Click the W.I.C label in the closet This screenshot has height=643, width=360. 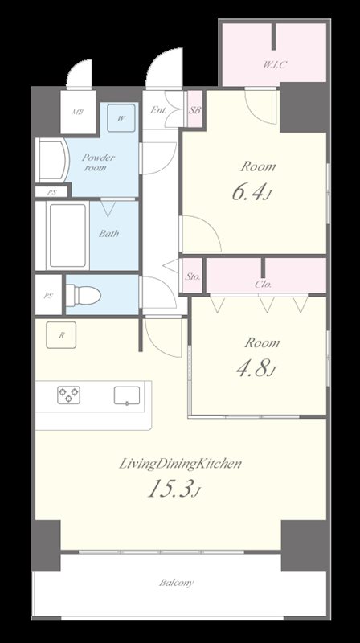pyautogui.click(x=275, y=64)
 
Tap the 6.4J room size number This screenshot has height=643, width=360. pyautogui.click(x=252, y=192)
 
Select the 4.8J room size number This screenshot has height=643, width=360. pyautogui.click(x=256, y=368)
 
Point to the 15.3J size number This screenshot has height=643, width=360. pyautogui.click(x=174, y=489)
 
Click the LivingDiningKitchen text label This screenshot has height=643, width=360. pyautogui.click(x=180, y=464)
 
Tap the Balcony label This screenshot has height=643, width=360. pyautogui.click(x=176, y=582)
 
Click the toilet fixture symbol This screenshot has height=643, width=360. pyautogui.click(x=84, y=295)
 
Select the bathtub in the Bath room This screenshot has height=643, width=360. pyautogui.click(x=67, y=235)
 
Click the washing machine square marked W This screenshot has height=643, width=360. pyautogui.click(x=121, y=118)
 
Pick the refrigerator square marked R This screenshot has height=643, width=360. pyautogui.click(x=61, y=335)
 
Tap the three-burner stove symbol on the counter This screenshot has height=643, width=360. pyautogui.click(x=68, y=395)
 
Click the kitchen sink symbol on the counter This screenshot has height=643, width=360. pyautogui.click(x=127, y=395)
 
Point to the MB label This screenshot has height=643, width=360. pyautogui.click(x=78, y=112)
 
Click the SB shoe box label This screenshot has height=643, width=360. pyautogui.click(x=195, y=110)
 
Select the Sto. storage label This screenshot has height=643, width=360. pyautogui.click(x=192, y=276)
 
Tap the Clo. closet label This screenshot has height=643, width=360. pyautogui.click(x=263, y=284)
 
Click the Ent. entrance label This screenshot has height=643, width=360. pyautogui.click(x=158, y=110)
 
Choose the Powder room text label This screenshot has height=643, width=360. pyautogui.click(x=98, y=162)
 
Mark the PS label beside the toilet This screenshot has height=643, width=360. pyautogui.click(x=49, y=296)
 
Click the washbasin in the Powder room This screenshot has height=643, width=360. pyautogui.click(x=52, y=160)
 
